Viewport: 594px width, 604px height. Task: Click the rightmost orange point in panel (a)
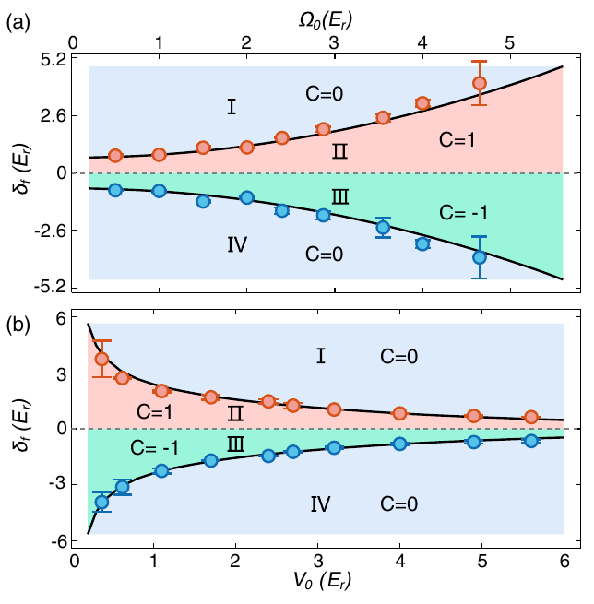tap(479, 83)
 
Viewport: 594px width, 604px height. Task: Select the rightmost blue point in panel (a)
tap(479, 257)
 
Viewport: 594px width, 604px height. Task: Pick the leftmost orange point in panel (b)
tap(102, 359)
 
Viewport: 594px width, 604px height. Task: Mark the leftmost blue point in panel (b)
tap(102, 502)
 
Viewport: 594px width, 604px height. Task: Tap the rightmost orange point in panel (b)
tap(530, 417)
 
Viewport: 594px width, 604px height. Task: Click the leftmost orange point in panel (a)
tap(115, 156)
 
